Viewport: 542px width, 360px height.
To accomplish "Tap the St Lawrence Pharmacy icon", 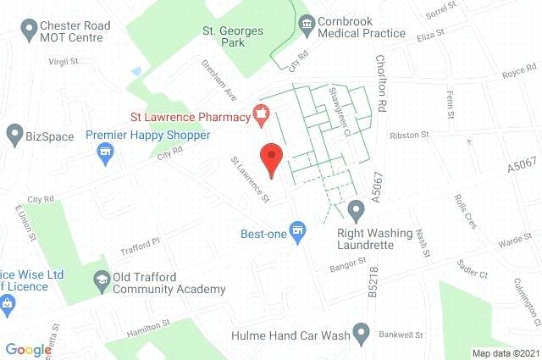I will [x=261, y=113].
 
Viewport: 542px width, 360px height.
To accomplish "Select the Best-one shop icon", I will [x=296, y=229].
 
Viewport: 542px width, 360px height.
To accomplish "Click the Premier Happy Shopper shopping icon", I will [x=106, y=153].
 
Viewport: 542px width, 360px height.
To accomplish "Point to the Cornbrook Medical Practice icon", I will [x=306, y=24].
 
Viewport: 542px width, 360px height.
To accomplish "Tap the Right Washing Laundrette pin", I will [x=356, y=208].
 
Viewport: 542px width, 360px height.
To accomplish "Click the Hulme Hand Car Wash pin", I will [x=362, y=332].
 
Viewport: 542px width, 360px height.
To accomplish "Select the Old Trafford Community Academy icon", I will [x=102, y=279].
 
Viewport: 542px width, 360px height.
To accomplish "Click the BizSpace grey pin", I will [x=14, y=133].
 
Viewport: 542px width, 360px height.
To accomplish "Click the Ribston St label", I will [x=410, y=135].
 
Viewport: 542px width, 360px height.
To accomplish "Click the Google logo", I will [x=28, y=348].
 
